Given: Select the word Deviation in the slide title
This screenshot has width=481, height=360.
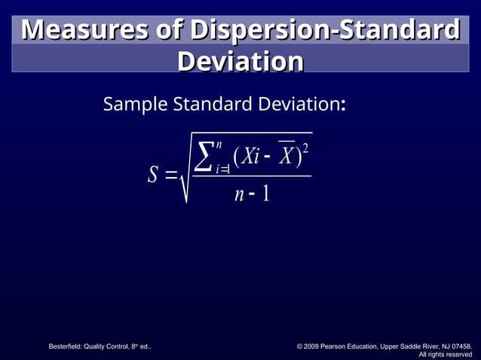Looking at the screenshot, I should click(240, 62).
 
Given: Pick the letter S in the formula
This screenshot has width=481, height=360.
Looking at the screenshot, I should click(152, 175).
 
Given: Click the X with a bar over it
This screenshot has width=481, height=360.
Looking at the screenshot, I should click(286, 155).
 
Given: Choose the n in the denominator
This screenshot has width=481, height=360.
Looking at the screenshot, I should click(239, 195).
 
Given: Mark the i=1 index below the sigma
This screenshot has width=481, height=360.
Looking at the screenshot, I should click(222, 169).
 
